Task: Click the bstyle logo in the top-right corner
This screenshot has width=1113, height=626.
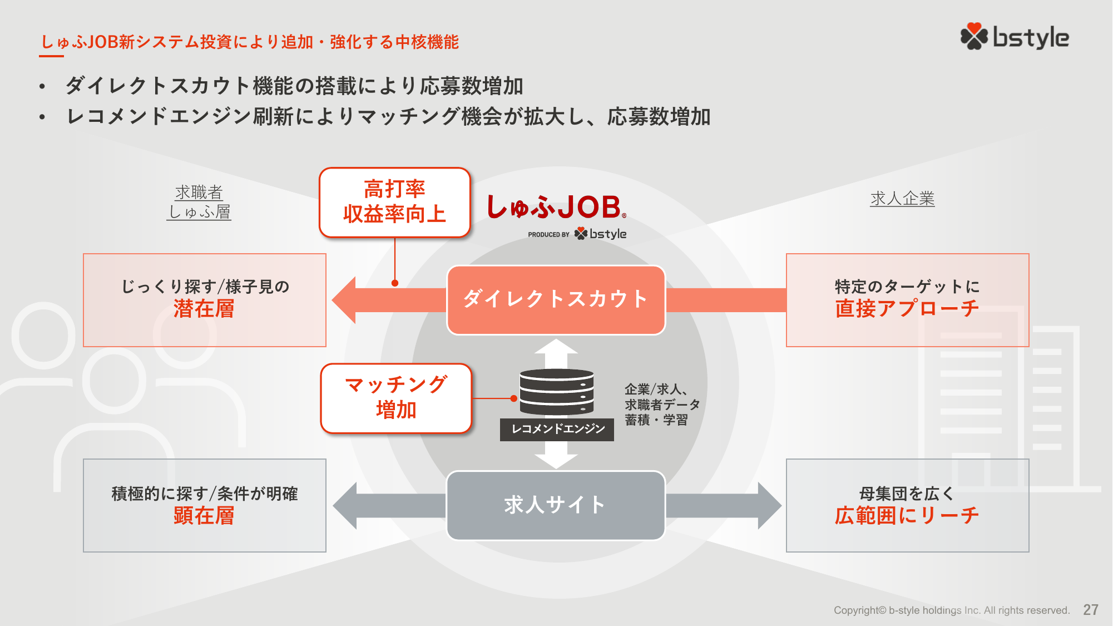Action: click(x=1015, y=37)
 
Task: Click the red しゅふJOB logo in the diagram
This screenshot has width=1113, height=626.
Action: click(x=556, y=208)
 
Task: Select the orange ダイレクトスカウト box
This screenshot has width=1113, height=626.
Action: click(x=556, y=300)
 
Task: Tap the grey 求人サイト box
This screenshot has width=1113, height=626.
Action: click(x=556, y=505)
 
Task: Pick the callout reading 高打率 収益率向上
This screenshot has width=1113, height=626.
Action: click(x=394, y=203)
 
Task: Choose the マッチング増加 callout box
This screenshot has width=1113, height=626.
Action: click(x=395, y=398)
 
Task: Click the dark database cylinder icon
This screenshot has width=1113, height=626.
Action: click(x=556, y=392)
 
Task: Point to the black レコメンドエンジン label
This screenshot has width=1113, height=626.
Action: click(x=557, y=429)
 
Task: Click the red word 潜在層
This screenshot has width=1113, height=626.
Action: click(x=204, y=309)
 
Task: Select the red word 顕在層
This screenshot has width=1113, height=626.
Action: click(x=204, y=516)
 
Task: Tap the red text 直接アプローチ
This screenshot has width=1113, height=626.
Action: click(x=907, y=309)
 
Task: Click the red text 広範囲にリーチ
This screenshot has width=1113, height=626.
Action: click(x=907, y=516)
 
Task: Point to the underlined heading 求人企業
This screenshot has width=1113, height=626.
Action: click(x=902, y=199)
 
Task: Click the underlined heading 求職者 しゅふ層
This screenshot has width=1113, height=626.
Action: click(x=199, y=203)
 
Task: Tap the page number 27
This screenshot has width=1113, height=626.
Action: click(x=1090, y=610)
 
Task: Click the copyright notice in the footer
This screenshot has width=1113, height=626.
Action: click(x=951, y=610)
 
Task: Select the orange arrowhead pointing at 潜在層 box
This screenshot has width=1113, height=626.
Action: click(x=345, y=300)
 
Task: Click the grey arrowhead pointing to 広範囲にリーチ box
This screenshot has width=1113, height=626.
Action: click(x=769, y=505)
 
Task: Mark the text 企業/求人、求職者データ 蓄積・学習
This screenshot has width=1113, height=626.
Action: click(x=661, y=405)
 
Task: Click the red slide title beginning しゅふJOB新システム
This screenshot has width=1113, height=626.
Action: click(x=250, y=42)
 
